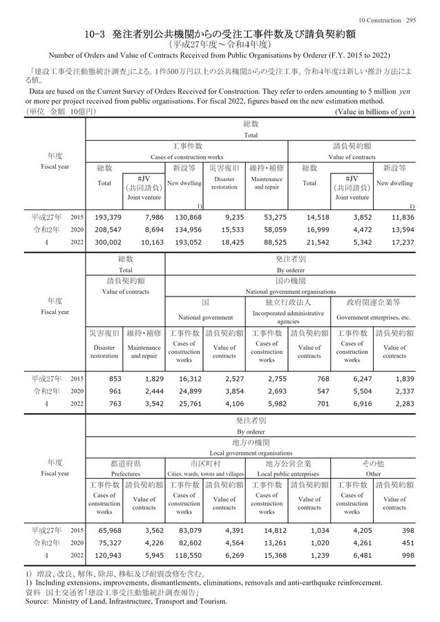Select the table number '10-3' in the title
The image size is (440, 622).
tap(93, 33)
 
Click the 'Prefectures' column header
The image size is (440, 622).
tap(125, 473)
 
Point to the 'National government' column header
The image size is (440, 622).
tap(204, 317)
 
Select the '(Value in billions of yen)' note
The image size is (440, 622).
tap(374, 111)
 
